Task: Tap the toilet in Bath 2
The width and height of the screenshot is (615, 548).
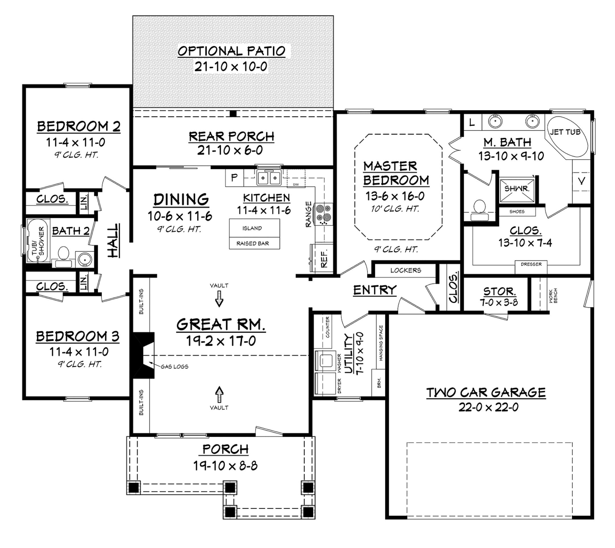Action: coord(63,253)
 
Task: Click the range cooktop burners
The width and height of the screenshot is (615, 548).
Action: coord(323,214)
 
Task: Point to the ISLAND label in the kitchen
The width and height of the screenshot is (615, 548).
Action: coord(252,228)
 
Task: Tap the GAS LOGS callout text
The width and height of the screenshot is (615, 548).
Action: coord(175,366)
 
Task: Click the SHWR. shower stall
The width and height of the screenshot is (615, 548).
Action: coord(517,189)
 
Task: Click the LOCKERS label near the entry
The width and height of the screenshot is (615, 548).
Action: coord(405,270)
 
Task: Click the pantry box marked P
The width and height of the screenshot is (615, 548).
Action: coord(234,178)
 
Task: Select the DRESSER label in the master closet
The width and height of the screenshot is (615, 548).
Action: coord(531,264)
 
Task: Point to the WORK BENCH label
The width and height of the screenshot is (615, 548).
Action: coord(553,296)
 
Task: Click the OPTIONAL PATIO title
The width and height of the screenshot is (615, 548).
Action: coord(231,51)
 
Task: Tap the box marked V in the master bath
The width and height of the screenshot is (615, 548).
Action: coord(581,181)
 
